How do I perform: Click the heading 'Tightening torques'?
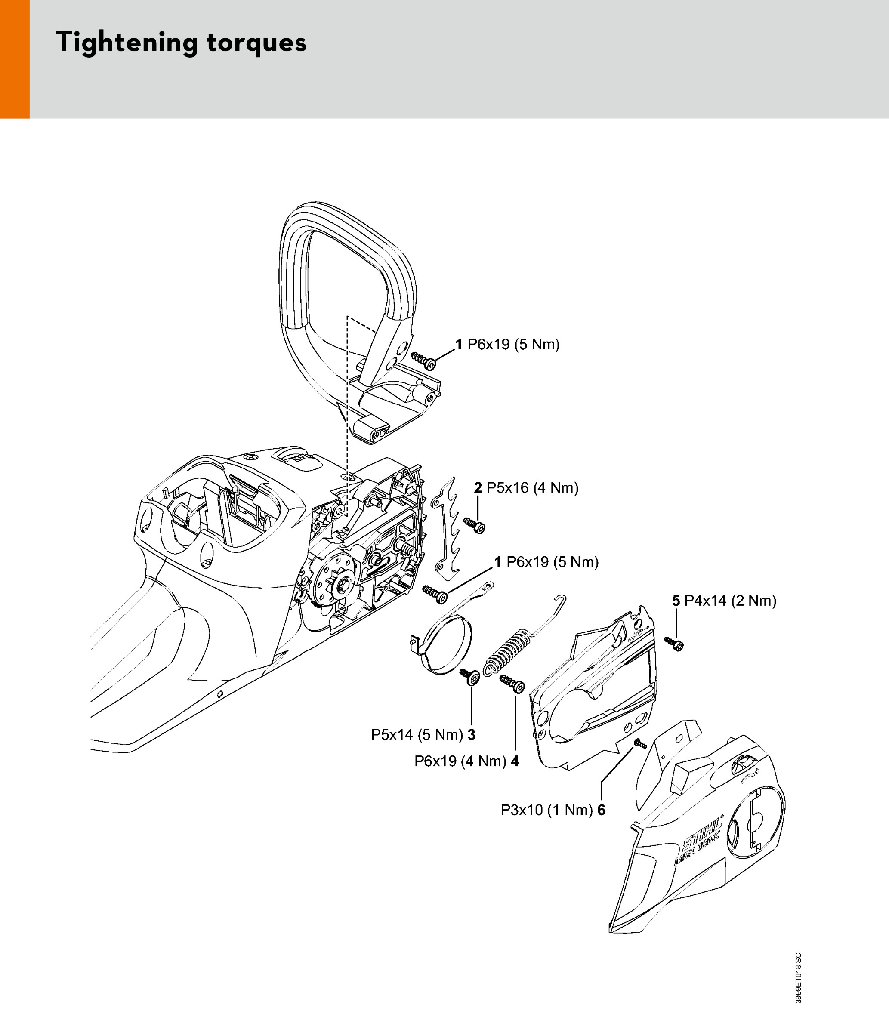click(x=181, y=43)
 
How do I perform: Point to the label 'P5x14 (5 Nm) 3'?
click(x=423, y=734)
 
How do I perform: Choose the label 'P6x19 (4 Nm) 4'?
click(x=466, y=761)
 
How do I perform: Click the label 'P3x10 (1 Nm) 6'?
click(x=553, y=810)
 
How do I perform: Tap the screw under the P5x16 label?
click(x=474, y=525)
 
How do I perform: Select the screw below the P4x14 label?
click(x=674, y=643)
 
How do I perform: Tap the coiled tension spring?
click(x=507, y=650)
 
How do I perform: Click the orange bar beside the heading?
click(x=14, y=59)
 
